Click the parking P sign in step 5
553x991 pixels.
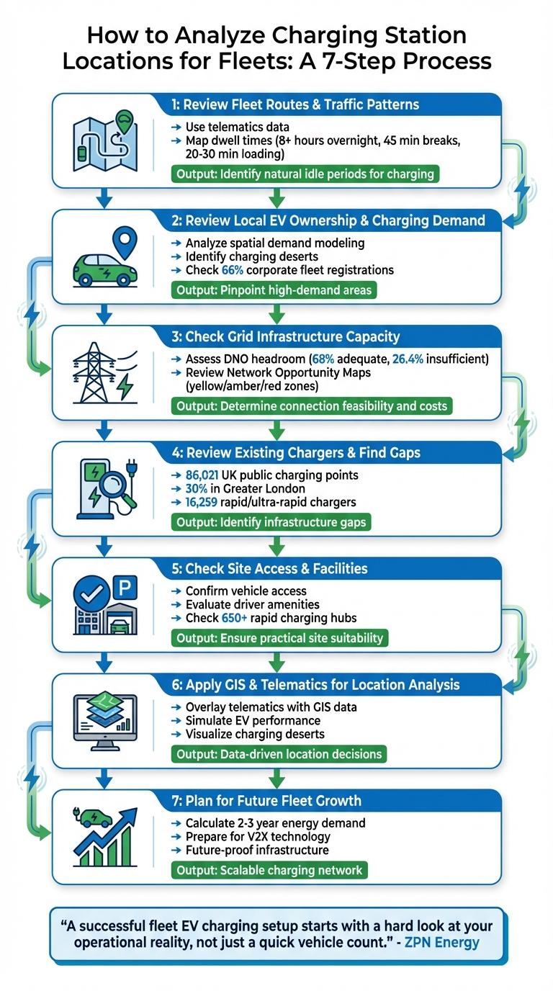(124, 591)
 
